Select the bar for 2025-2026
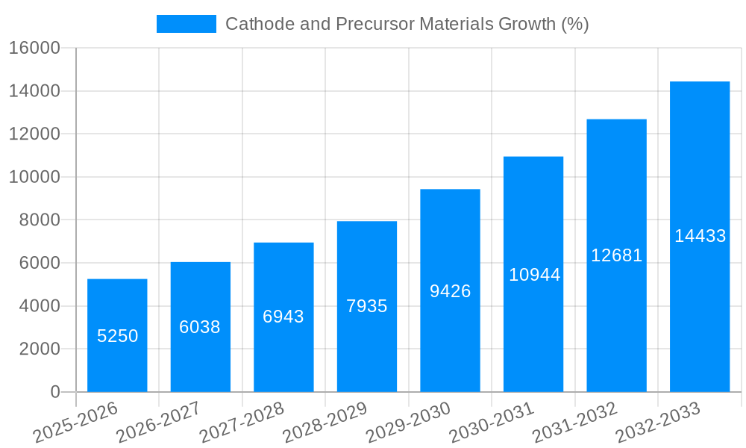click(x=117, y=306)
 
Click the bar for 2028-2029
click(x=367, y=269)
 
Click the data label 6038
click(x=200, y=327)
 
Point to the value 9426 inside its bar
click(x=450, y=291)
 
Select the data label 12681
click(x=616, y=255)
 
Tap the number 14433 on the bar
click(x=700, y=236)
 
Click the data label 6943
click(x=283, y=317)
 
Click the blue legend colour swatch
click(x=186, y=24)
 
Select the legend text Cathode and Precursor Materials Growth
click(x=407, y=24)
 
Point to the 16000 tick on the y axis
click(x=34, y=48)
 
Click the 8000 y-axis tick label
click(x=39, y=220)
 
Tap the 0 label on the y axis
click(x=54, y=392)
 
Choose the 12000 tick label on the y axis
click(x=34, y=134)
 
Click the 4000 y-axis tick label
click(x=39, y=306)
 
